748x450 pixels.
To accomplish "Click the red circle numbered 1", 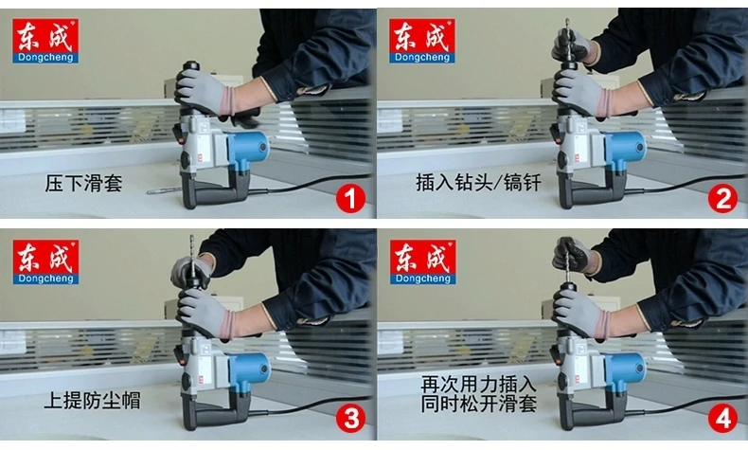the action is click(350, 199).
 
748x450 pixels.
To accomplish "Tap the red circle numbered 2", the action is click(722, 199).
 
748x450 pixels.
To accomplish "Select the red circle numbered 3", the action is click(350, 420).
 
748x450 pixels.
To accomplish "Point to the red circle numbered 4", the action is click(722, 420).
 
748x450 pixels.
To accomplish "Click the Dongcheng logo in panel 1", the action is click(45, 41).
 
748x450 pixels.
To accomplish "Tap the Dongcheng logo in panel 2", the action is click(422, 41).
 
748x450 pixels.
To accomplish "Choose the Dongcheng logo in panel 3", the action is click(45, 262).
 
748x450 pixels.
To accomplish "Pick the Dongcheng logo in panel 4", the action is click(422, 262).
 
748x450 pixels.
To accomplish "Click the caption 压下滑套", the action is click(83, 183).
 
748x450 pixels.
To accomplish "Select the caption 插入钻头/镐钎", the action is click(478, 182).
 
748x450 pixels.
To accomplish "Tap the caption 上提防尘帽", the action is click(93, 401).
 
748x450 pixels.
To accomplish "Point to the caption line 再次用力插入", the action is click(478, 384).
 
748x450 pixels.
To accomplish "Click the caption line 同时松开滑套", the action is click(478, 405).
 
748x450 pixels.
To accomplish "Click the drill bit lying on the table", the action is click(165, 190).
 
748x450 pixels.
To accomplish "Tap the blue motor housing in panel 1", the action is click(248, 149).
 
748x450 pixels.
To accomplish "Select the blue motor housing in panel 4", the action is click(625, 370).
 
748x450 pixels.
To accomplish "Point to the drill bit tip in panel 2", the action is click(567, 20).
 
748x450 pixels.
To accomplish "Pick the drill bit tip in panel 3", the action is click(192, 237).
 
